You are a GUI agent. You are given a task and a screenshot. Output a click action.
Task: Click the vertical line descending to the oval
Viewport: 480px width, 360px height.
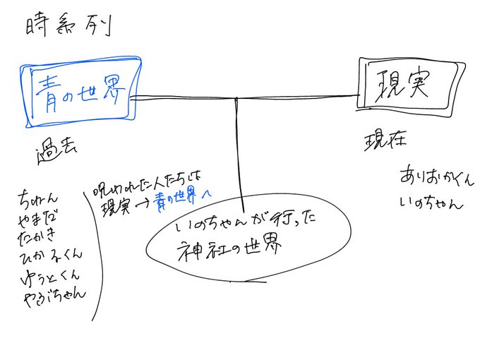pyautogui.click(x=241, y=155)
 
